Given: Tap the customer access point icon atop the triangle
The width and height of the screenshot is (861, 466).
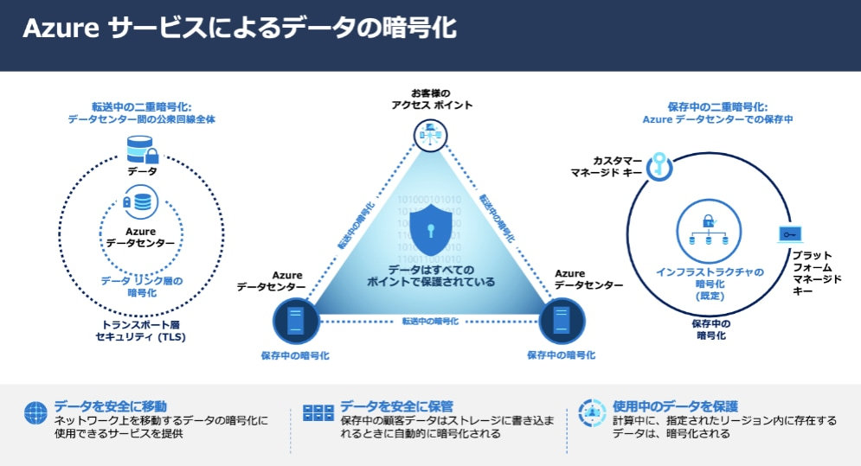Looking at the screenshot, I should [430, 135].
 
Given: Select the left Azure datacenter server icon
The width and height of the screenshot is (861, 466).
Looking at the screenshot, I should [295, 321].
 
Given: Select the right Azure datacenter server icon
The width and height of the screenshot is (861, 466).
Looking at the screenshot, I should [561, 321].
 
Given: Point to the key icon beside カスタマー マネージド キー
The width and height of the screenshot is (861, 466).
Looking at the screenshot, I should [659, 163].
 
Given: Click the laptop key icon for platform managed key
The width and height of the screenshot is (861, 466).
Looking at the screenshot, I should [788, 233].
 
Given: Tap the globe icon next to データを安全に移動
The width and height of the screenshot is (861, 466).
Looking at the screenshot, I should [35, 412].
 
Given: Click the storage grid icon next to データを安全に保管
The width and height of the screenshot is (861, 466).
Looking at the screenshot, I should [318, 412].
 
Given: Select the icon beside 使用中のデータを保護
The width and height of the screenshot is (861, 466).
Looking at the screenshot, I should [591, 412].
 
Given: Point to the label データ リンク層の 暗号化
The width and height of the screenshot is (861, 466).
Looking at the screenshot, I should [141, 286].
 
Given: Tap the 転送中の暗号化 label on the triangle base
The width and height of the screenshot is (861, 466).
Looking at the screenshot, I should [430, 321].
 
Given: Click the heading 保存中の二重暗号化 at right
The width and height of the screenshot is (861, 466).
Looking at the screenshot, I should [717, 106].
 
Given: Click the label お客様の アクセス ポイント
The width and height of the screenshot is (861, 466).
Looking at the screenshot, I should [430, 99].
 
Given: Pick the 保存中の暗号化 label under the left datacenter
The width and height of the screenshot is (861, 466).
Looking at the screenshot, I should [295, 355].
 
